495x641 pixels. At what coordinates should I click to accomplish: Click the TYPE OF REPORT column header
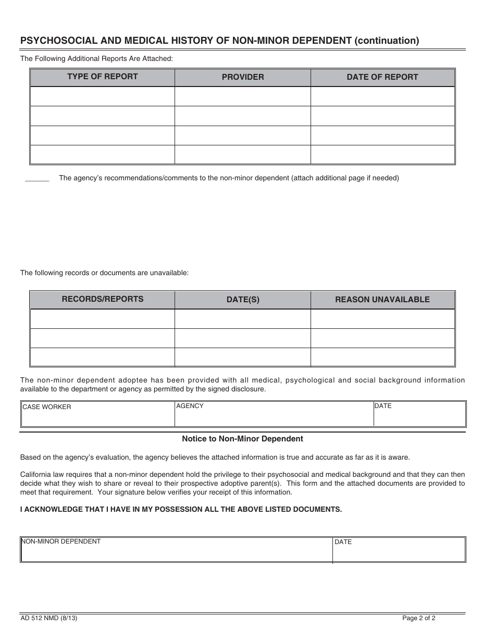(x=102, y=77)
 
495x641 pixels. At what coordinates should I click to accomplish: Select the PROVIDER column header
(x=243, y=77)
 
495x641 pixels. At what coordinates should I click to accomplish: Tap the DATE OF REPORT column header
(x=382, y=77)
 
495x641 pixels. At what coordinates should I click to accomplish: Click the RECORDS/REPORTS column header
(x=102, y=299)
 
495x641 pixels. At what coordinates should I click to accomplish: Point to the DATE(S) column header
(x=243, y=300)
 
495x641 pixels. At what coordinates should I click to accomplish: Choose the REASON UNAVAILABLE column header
(x=382, y=300)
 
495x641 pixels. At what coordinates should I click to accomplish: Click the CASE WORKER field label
(x=46, y=407)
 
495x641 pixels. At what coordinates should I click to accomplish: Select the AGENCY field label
(x=190, y=406)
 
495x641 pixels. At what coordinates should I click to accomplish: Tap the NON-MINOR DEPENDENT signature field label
(x=61, y=541)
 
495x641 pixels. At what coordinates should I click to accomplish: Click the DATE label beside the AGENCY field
(x=383, y=406)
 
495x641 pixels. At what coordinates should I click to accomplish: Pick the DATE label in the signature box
(x=343, y=542)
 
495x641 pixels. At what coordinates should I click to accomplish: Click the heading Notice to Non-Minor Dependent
(x=242, y=439)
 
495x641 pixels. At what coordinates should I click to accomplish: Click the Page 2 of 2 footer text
(x=418, y=619)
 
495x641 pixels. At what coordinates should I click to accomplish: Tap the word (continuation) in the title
(x=387, y=40)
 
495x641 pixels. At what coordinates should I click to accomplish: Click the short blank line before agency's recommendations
(x=37, y=180)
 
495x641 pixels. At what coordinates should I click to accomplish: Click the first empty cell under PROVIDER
(x=243, y=96)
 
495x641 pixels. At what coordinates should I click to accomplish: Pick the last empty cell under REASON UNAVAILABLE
(x=382, y=357)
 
